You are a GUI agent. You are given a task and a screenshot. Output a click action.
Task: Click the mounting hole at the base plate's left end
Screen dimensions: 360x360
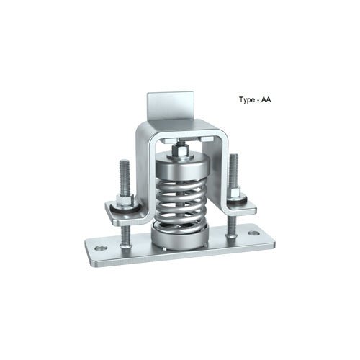[100, 248]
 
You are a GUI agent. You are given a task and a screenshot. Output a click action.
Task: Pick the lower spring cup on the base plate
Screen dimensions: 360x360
[180, 235]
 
